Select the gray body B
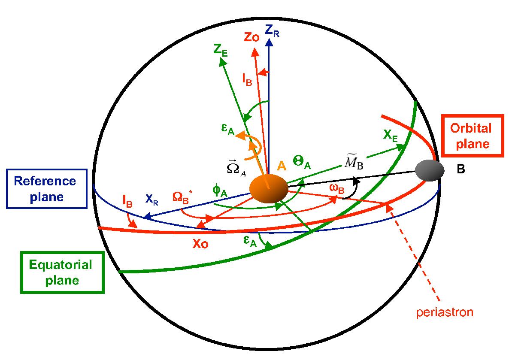coord(429,170)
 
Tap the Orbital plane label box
coord(470,136)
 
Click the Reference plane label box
coord(47,189)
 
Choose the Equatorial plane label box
coord(62,272)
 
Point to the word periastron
coord(445,312)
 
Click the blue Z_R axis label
coord(272,30)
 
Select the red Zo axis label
coord(251,37)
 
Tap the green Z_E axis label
coord(219,51)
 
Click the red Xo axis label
coord(201,244)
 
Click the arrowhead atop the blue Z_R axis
coord(269,42)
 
